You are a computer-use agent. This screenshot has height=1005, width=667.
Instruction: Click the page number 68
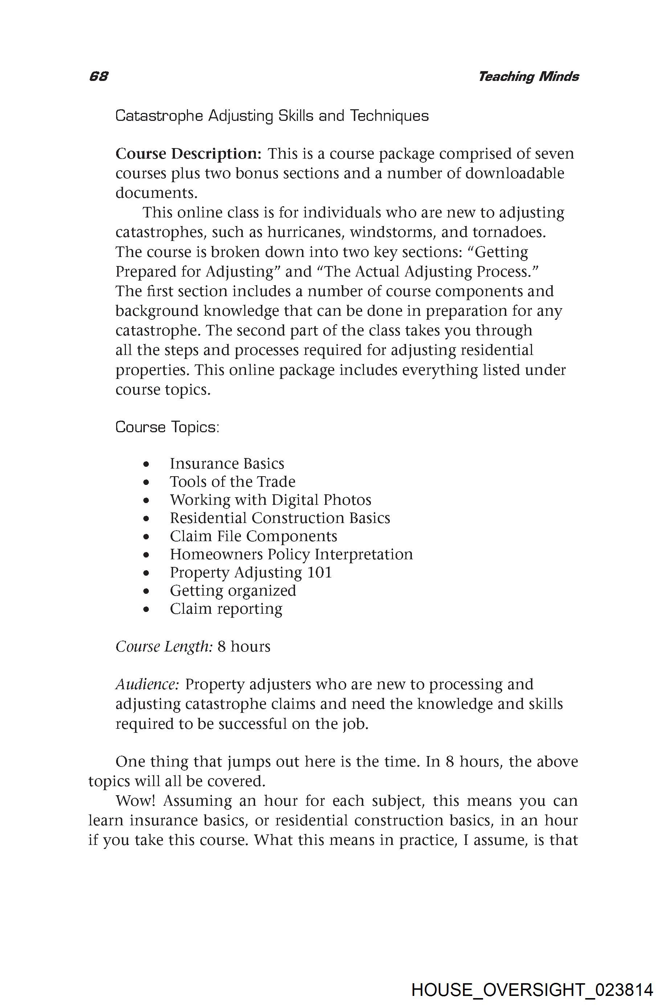click(99, 77)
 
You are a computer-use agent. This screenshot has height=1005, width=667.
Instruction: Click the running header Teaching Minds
click(528, 77)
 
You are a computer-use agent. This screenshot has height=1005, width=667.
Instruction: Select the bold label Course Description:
click(188, 154)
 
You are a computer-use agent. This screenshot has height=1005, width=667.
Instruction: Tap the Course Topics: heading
click(167, 427)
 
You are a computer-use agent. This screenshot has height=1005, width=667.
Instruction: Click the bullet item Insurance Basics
click(227, 463)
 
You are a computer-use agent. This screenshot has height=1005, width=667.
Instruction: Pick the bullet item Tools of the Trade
click(232, 482)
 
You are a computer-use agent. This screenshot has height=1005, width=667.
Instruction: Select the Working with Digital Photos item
click(270, 499)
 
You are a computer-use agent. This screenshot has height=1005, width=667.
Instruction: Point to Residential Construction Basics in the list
click(280, 518)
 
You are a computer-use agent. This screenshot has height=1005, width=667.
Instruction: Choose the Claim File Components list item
click(254, 536)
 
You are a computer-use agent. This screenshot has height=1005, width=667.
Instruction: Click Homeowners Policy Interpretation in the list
click(291, 555)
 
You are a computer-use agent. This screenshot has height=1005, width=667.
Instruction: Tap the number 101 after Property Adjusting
click(319, 572)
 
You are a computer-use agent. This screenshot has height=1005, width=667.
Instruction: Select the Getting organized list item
click(233, 591)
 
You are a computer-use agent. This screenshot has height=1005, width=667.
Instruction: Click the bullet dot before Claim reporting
click(146, 610)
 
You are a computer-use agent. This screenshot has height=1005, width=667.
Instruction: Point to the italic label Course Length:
click(164, 647)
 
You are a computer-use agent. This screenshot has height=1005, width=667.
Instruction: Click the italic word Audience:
click(147, 684)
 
